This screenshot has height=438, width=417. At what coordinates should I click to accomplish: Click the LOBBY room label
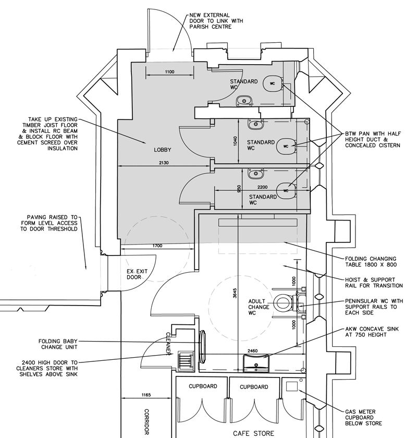click(162, 150)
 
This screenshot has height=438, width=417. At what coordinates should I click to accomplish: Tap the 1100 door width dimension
click(169, 72)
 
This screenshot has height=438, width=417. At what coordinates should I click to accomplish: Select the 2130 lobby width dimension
click(164, 163)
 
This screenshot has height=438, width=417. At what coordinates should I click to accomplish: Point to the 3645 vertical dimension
click(235, 293)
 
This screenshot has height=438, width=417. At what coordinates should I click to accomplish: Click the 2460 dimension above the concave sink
click(252, 351)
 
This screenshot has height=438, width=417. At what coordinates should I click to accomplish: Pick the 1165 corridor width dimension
click(146, 395)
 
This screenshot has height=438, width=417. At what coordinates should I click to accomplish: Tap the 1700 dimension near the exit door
click(157, 246)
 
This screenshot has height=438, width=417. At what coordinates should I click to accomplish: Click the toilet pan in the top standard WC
click(273, 83)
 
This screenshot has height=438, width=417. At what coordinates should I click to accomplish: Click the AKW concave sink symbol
click(256, 363)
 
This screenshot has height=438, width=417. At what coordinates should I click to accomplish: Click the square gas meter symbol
click(292, 386)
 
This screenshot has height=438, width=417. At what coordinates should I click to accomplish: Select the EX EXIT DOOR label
click(137, 274)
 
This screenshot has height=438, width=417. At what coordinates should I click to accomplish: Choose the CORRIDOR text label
click(146, 422)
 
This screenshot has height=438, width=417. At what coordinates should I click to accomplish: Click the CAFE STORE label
click(253, 433)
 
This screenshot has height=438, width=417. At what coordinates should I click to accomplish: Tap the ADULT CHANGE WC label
click(259, 307)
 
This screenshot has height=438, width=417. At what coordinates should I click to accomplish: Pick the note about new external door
click(216, 21)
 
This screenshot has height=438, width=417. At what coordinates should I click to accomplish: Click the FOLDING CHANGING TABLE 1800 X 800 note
click(371, 262)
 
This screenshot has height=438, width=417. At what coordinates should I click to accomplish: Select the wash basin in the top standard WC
click(244, 101)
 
